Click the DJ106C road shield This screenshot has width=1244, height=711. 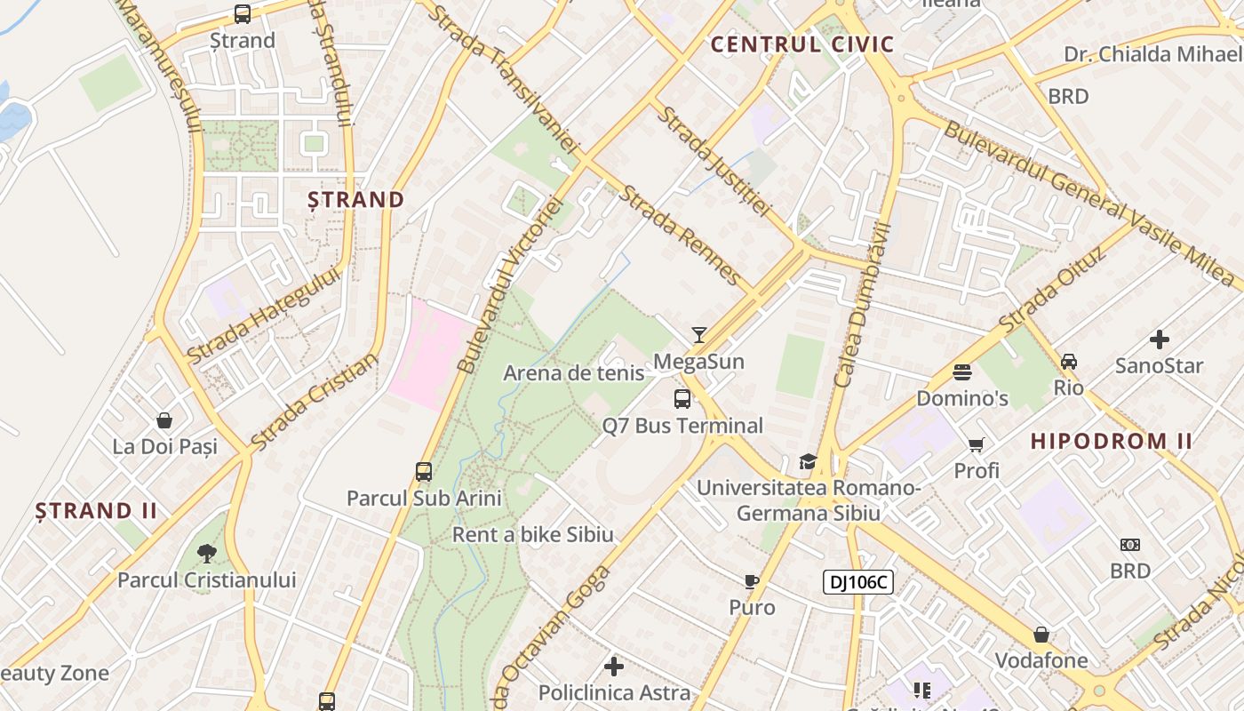point(857,582)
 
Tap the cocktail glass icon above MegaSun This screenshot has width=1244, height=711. point(699,335)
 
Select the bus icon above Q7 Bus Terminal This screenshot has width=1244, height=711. point(682,399)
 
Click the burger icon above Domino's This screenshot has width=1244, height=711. point(962,371)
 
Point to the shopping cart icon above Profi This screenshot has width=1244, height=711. point(977,444)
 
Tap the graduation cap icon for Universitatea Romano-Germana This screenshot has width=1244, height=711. point(808,461)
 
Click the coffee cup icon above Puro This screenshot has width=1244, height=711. point(752,582)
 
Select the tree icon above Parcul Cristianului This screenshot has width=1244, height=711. point(207,554)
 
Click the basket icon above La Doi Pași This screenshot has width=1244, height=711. point(164,420)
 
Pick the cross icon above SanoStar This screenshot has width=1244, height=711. point(1160,340)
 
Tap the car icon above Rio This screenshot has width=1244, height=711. point(1069,362)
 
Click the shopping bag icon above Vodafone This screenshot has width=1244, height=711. point(1041,635)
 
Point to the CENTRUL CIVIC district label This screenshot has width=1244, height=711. point(802,44)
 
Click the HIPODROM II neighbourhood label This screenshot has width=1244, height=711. point(1112,441)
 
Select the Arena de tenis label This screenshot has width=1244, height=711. point(574,373)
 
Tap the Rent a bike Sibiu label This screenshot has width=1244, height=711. point(533,535)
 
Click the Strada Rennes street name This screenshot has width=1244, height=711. point(681,235)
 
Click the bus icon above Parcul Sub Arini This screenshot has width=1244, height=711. point(424,472)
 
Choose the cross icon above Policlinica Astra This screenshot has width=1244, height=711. point(614,667)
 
